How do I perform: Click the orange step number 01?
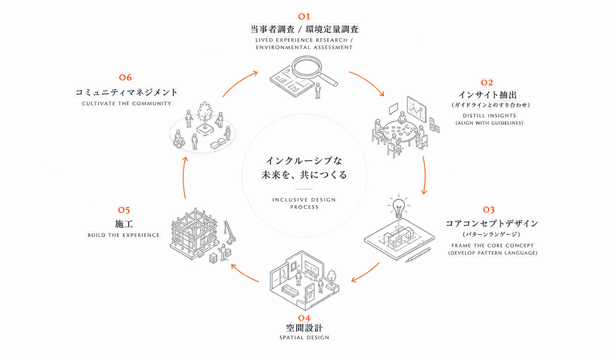click(x=304, y=17)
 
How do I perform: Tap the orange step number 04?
click(x=304, y=318)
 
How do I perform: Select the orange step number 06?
click(x=125, y=77)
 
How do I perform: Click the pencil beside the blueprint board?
click(x=418, y=255)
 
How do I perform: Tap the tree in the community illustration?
click(x=205, y=115)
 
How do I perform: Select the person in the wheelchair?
click(x=179, y=139)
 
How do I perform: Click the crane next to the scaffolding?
click(x=230, y=232)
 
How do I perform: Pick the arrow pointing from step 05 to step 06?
click(x=184, y=178)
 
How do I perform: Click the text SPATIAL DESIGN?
click(x=304, y=338)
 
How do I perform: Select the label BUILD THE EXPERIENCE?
click(x=124, y=235)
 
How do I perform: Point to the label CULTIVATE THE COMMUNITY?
click(x=127, y=103)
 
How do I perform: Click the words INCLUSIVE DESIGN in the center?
click(x=304, y=200)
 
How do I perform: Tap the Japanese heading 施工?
click(x=124, y=224)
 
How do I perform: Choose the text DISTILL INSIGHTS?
click(x=489, y=116)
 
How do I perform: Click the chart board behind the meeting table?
click(x=417, y=110)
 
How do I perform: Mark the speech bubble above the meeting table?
click(x=394, y=109)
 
